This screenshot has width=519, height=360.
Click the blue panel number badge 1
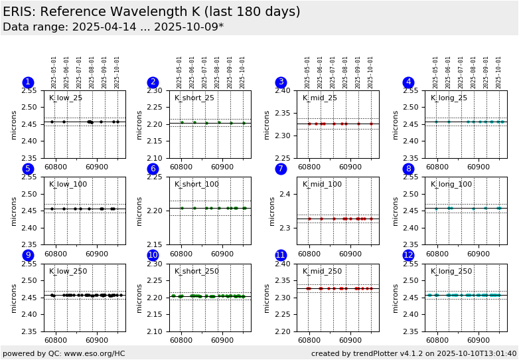coord(28,82)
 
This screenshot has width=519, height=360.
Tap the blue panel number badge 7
coord(281,169)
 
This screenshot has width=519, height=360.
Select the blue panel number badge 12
coord(409,255)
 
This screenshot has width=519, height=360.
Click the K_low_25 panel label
coord(66,98)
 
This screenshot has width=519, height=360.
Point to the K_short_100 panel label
coord(196,185)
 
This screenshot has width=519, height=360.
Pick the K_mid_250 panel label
coord(323,271)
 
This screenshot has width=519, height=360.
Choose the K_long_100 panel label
coord(451,185)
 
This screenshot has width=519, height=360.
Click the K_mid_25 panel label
coord(320,98)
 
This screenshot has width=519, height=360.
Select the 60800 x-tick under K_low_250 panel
coord(55,340)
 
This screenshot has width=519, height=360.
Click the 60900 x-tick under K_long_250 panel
coord(479,340)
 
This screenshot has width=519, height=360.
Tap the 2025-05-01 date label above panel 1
coord(54,72)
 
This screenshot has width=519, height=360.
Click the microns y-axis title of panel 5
coord(14,211)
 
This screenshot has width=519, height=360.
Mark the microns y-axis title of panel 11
coord(267,297)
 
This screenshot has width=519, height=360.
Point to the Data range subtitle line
coord(113,27)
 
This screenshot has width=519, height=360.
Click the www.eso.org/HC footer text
coord(92,353)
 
